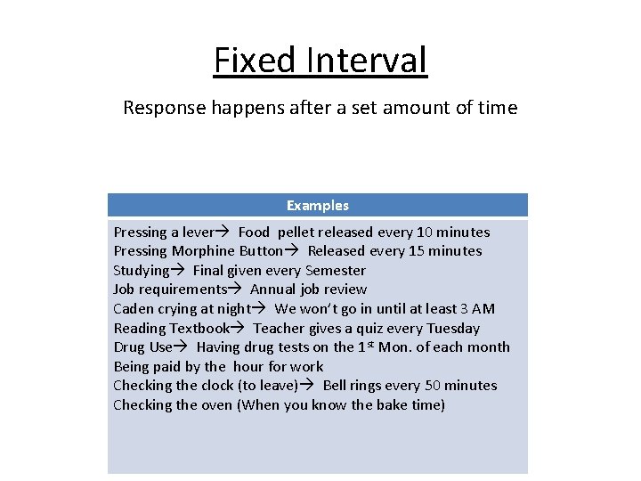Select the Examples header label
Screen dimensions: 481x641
pyautogui.click(x=318, y=206)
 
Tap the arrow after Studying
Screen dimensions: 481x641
pyautogui.click(x=176, y=271)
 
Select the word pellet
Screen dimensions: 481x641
pyautogui.click(x=300, y=232)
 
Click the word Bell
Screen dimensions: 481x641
pyautogui.click(x=337, y=386)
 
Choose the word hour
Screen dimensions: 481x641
pyautogui.click(x=249, y=366)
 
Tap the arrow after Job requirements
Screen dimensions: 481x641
pyautogui.click(x=235, y=289)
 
